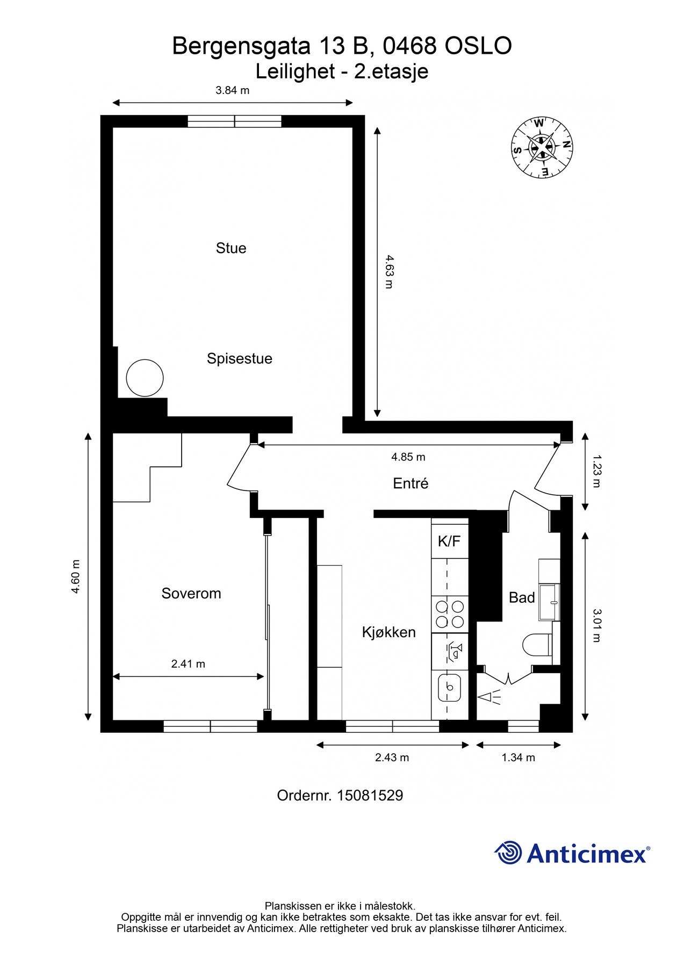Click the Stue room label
(231, 248)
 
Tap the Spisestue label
(240, 359)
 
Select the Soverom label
(191, 594)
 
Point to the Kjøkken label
(389, 632)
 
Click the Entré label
(411, 484)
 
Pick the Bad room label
(522, 597)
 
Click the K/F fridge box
(450, 540)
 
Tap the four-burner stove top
(450, 614)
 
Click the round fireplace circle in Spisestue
(145, 378)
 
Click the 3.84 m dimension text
(233, 90)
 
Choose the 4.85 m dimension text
(408, 457)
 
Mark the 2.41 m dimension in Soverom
(188, 664)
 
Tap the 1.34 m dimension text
(519, 758)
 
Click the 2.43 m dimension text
(392, 758)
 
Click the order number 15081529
(370, 796)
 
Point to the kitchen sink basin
(450, 687)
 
